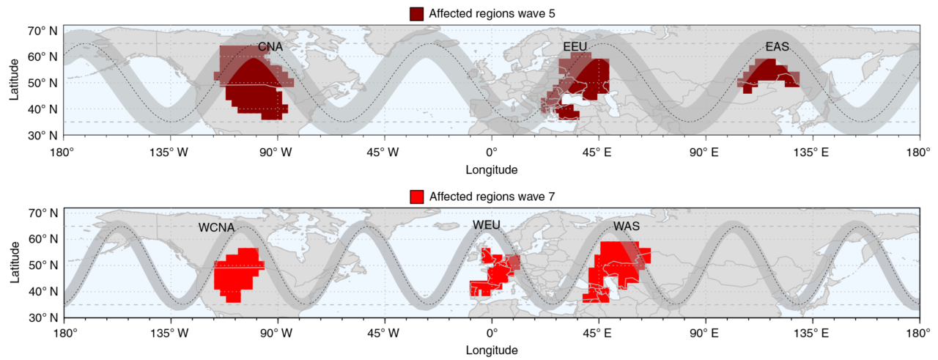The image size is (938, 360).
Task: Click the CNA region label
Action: pyautogui.click(x=270, y=48)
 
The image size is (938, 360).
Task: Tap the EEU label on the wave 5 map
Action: pyautogui.click(x=576, y=48)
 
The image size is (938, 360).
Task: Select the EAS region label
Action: pyautogui.click(x=777, y=48)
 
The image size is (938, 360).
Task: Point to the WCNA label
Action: pyautogui.click(x=216, y=228)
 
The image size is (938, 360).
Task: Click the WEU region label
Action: pyautogui.click(x=486, y=225)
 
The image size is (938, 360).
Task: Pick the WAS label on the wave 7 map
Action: pyautogui.click(x=627, y=227)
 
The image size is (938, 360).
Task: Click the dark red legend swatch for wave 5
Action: pyautogui.click(x=417, y=13)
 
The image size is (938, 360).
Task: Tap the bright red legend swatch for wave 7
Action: pyautogui.click(x=417, y=196)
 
